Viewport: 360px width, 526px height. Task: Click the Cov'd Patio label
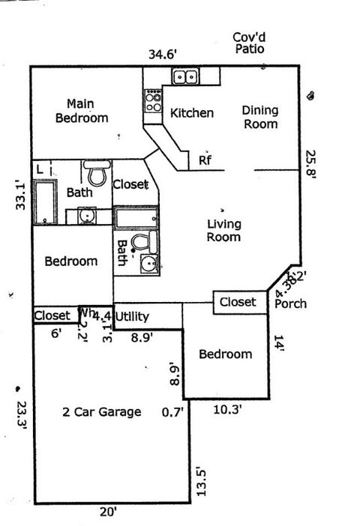pyautogui.click(x=251, y=43)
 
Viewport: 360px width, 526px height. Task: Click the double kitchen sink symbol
pyautogui.click(x=184, y=76)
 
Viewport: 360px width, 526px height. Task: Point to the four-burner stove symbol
pyautogui.click(x=153, y=101)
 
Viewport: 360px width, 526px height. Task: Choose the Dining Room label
pyautogui.click(x=259, y=117)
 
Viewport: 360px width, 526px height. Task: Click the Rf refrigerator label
pyautogui.click(x=204, y=160)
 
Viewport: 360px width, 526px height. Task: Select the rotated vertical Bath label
pyautogui.click(x=121, y=253)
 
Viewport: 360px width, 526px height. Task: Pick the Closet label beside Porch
pyautogui.click(x=237, y=302)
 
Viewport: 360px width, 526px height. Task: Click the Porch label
pyautogui.click(x=290, y=303)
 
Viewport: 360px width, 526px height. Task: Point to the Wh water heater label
pyautogui.click(x=86, y=313)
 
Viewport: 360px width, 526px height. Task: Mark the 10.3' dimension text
pyautogui.click(x=226, y=409)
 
